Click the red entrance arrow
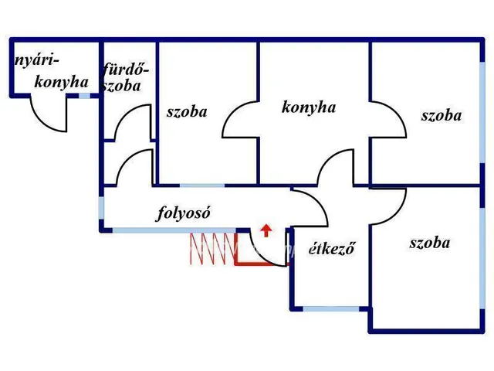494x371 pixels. [266, 229]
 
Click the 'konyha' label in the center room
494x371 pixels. [309, 107]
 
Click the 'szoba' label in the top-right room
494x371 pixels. [441, 116]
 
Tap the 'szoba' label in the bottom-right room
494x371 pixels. [429, 243]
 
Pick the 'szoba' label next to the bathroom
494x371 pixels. [187, 111]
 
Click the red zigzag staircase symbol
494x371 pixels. [212, 249]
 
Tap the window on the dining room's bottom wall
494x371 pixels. [330, 308]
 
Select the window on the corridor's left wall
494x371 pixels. [101, 208]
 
